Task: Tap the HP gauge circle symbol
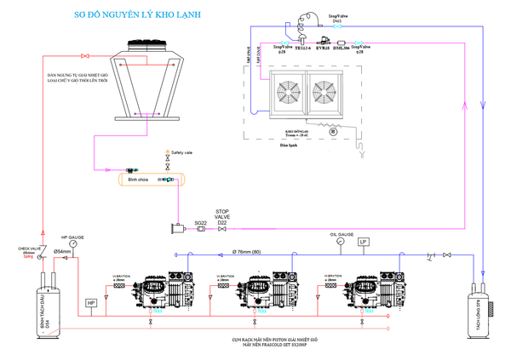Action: click(73, 243)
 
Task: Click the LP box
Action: click(364, 241)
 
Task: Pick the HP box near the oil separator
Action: click(92, 303)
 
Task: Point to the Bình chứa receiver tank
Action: click(144, 180)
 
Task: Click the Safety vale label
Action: click(182, 152)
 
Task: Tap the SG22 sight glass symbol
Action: click(201, 230)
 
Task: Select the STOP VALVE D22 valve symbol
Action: click(222, 230)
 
